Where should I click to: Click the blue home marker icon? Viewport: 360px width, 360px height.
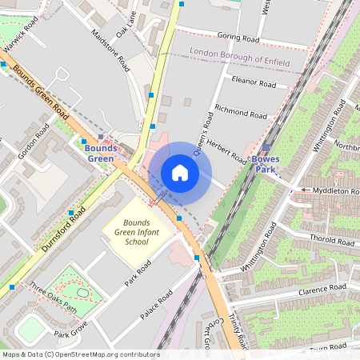(180, 173)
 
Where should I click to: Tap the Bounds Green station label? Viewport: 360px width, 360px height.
(101, 154)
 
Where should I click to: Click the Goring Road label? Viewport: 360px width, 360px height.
(238, 37)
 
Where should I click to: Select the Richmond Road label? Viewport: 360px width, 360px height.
(240, 111)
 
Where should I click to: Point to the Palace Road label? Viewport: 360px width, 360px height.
(157, 306)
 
